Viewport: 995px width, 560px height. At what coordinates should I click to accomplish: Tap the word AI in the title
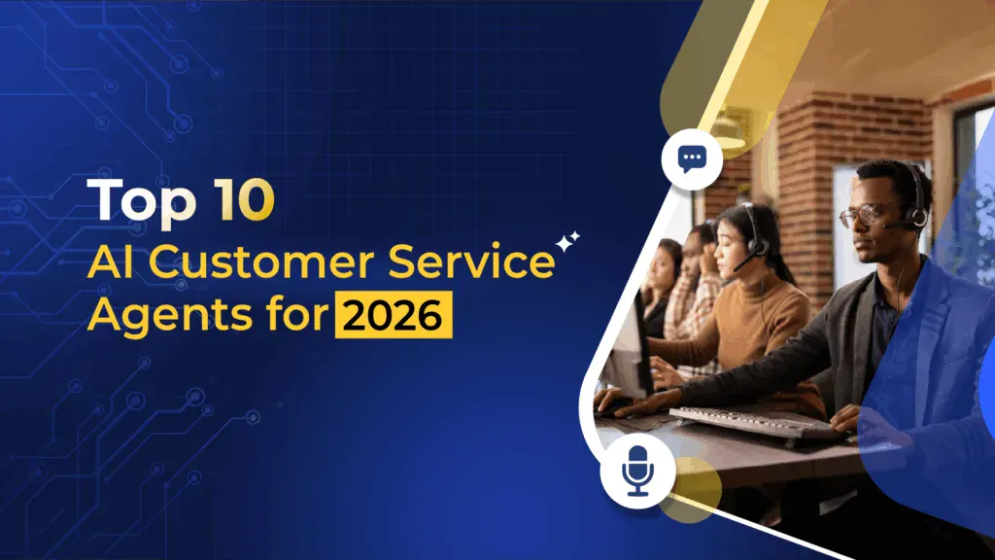[x=110, y=263]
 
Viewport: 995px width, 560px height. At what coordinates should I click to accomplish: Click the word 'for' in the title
[x=292, y=317]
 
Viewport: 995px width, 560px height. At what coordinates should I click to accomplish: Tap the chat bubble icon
[x=692, y=157]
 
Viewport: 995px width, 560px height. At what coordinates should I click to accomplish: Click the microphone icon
[x=637, y=472]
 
